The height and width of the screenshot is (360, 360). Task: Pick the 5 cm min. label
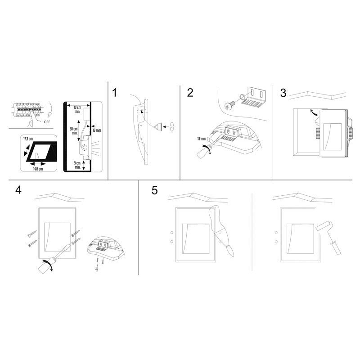[77, 165]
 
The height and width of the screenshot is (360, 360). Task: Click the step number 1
[115, 93]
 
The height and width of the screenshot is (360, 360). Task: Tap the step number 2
[190, 93]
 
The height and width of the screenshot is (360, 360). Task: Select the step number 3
[283, 93]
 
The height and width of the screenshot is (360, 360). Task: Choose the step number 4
[18, 189]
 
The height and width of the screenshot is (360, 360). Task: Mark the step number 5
[154, 189]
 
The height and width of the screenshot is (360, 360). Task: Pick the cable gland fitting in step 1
[158, 127]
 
